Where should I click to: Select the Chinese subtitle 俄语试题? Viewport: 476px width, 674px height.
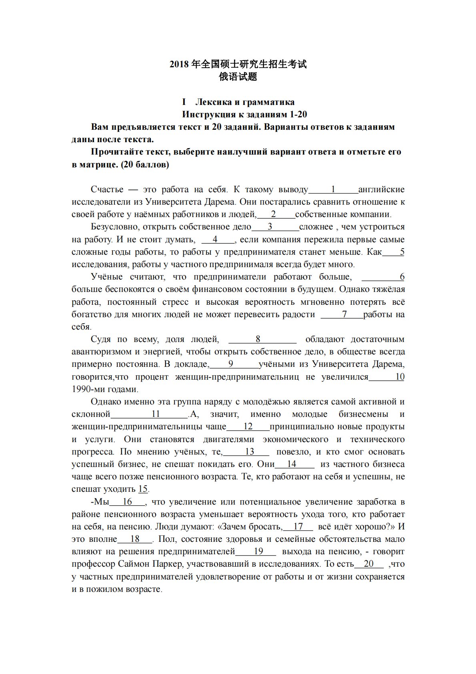click(238, 76)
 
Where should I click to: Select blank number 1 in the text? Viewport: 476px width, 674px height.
click(333, 189)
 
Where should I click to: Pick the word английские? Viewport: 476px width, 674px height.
click(381, 189)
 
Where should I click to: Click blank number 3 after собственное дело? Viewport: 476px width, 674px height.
click(270, 227)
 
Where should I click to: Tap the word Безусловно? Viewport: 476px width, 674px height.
click(114, 227)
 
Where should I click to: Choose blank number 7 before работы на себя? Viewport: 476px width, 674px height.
click(344, 314)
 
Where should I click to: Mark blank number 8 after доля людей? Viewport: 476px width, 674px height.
click(258, 339)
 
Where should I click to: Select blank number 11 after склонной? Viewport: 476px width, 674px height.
click(156, 414)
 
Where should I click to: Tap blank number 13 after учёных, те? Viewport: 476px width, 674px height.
click(249, 452)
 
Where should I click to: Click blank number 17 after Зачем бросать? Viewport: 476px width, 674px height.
click(298, 527)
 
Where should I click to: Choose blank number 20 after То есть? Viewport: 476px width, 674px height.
click(368, 564)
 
